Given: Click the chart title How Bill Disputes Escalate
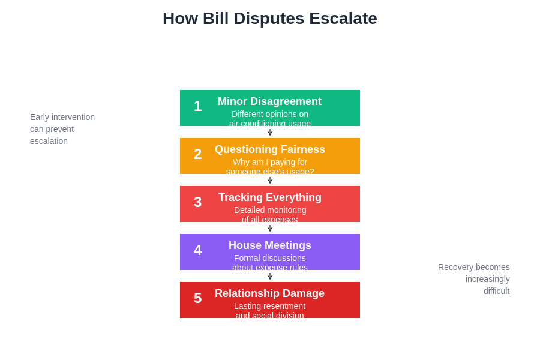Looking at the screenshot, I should point(269,19).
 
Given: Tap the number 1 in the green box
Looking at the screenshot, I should point(197,106).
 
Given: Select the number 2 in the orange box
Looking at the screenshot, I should point(197,154).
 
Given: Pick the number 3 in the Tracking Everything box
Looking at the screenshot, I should point(197,202).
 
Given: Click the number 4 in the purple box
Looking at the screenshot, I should point(197,250).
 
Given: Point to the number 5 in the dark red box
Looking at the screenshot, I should point(197,298).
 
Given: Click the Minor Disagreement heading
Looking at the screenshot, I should point(269,101).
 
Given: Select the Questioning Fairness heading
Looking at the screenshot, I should point(269,149).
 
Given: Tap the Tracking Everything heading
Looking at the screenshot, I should point(269,197).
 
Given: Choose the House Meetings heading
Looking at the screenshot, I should point(269,245).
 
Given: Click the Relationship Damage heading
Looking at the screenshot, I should point(269,293).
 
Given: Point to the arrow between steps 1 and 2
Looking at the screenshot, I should point(270,132).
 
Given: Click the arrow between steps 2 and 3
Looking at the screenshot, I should point(270,180).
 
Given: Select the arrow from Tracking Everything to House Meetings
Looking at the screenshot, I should point(270,228).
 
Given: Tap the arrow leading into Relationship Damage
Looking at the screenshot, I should point(270,276).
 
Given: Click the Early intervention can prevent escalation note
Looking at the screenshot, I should point(62,129).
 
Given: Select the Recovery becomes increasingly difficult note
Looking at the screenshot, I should point(474,279).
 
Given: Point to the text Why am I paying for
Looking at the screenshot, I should point(270,162).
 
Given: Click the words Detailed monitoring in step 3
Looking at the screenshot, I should point(270,210).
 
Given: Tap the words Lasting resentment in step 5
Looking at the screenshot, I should point(270,306).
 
